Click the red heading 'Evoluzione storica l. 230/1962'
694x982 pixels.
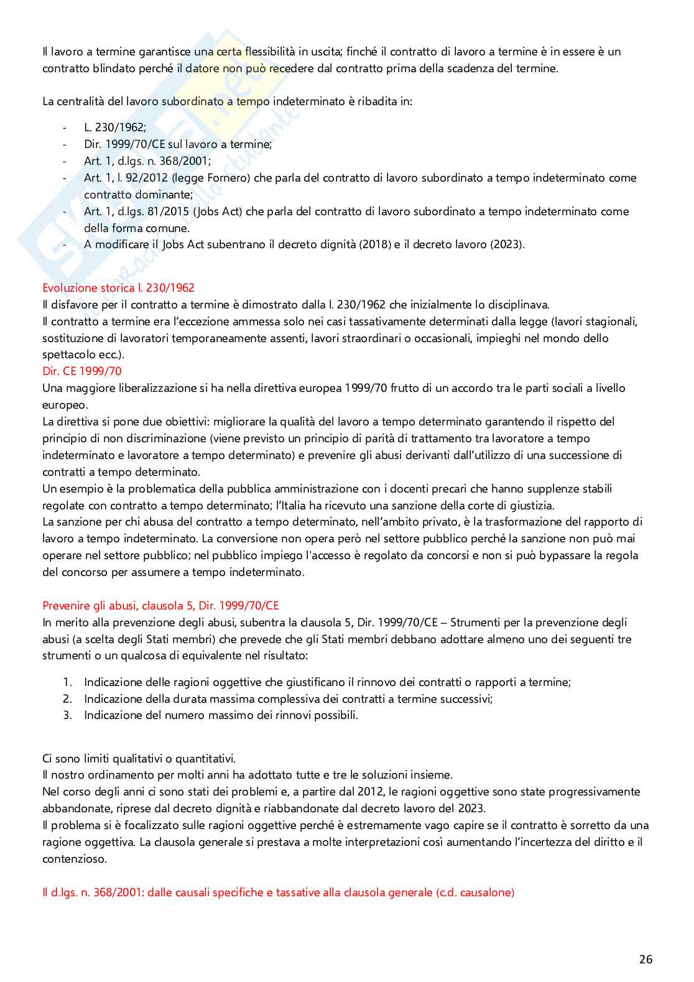(x=118, y=288)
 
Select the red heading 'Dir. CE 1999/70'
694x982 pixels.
(x=81, y=371)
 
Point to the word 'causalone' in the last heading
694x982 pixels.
(x=487, y=892)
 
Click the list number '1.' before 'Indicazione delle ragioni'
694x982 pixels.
(x=68, y=682)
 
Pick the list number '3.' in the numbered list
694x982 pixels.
(x=68, y=715)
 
